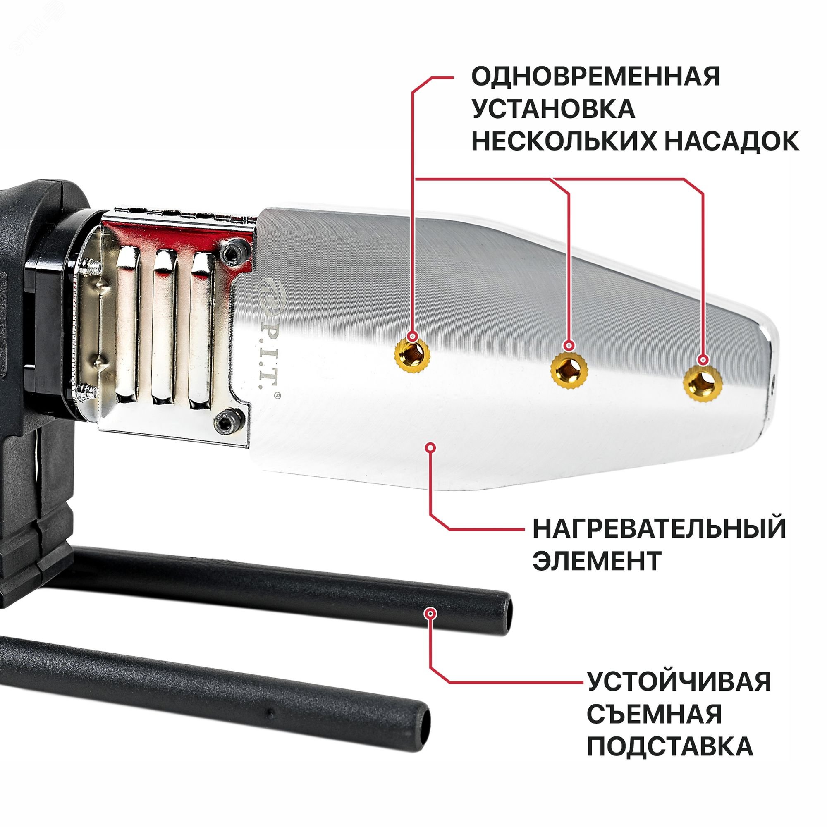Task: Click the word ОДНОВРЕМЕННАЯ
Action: [x=595, y=76]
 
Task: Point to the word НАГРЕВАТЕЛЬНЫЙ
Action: [x=659, y=528]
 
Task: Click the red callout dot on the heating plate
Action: [x=430, y=448]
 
